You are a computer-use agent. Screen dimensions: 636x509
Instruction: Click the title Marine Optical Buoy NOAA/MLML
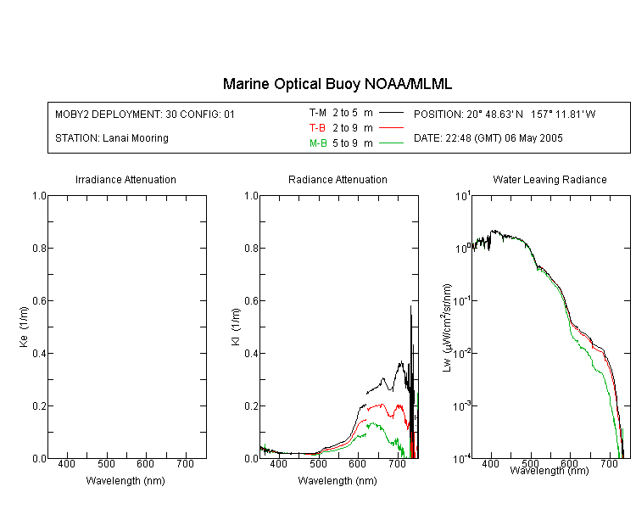pyautogui.click(x=337, y=84)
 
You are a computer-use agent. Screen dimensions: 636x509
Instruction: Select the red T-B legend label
pyautogui.click(x=317, y=128)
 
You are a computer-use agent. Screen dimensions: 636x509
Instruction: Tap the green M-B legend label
pyautogui.click(x=318, y=143)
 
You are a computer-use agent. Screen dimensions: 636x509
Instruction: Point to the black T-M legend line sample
pyautogui.click(x=391, y=113)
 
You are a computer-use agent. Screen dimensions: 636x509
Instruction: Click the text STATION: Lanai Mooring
pyautogui.click(x=112, y=138)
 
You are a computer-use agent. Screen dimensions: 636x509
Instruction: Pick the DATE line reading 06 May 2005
pyautogui.click(x=488, y=138)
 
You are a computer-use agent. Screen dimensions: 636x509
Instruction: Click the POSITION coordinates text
pyautogui.click(x=505, y=114)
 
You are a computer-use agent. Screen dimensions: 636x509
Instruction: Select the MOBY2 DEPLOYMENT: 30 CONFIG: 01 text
pyautogui.click(x=145, y=114)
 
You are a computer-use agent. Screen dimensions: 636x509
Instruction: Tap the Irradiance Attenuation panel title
pyautogui.click(x=126, y=179)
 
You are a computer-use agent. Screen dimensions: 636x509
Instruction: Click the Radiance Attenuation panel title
pyautogui.click(x=338, y=179)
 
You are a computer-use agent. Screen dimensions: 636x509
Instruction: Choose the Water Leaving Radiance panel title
pyautogui.click(x=550, y=179)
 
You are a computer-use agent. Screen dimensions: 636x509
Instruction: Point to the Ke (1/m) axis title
pyautogui.click(x=24, y=327)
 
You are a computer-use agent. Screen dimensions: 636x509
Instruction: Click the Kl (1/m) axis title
pyautogui.click(x=236, y=327)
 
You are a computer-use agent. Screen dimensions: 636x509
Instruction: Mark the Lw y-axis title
pyautogui.click(x=447, y=327)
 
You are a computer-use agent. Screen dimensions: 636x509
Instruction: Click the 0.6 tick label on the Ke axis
pyautogui.click(x=39, y=300)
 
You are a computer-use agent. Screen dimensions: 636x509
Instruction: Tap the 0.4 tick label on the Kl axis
pyautogui.click(x=252, y=353)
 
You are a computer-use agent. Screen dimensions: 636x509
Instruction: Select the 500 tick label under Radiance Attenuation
pyautogui.click(x=318, y=463)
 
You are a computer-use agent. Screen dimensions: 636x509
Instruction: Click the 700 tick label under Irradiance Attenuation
pyautogui.click(x=186, y=463)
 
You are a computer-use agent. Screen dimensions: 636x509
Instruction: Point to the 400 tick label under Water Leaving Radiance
pyautogui.click(x=491, y=463)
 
